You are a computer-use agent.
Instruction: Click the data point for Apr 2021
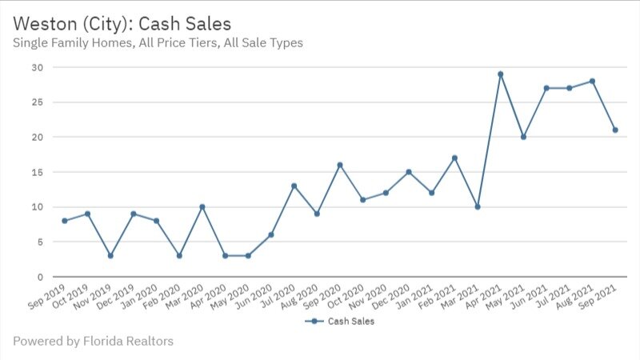[x=500, y=74]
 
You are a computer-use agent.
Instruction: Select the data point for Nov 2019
[x=110, y=256]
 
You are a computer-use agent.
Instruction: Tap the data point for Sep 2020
[x=339, y=165]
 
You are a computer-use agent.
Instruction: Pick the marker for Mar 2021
[x=477, y=206]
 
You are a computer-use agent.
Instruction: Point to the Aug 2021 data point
[x=592, y=81]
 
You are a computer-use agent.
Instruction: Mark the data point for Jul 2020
[x=294, y=186]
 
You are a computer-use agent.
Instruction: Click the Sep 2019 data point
[x=64, y=221]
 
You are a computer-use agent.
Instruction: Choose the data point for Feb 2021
[x=454, y=158]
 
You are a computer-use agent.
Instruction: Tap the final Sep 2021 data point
[x=615, y=130]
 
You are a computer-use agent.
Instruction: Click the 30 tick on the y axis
[x=37, y=67]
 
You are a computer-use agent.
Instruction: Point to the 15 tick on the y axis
[x=37, y=172]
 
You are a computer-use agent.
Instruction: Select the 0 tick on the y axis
[x=39, y=277]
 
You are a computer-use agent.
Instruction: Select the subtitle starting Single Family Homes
[x=158, y=42]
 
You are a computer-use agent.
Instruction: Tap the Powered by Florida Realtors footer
[x=93, y=342]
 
